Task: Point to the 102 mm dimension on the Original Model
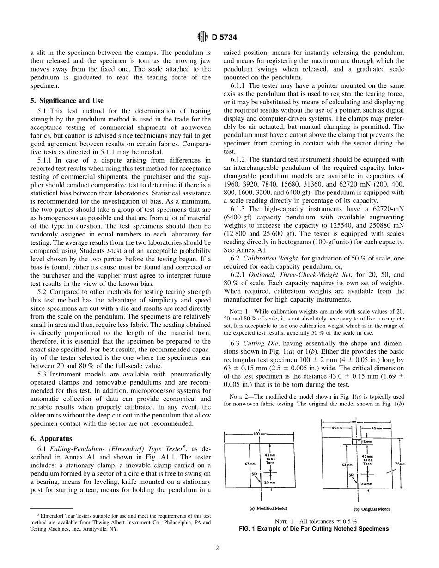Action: (x=358, y=422)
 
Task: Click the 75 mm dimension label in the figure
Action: (x=402, y=464)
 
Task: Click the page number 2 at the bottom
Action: (x=217, y=548)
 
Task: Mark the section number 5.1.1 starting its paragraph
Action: (x=46, y=160)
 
